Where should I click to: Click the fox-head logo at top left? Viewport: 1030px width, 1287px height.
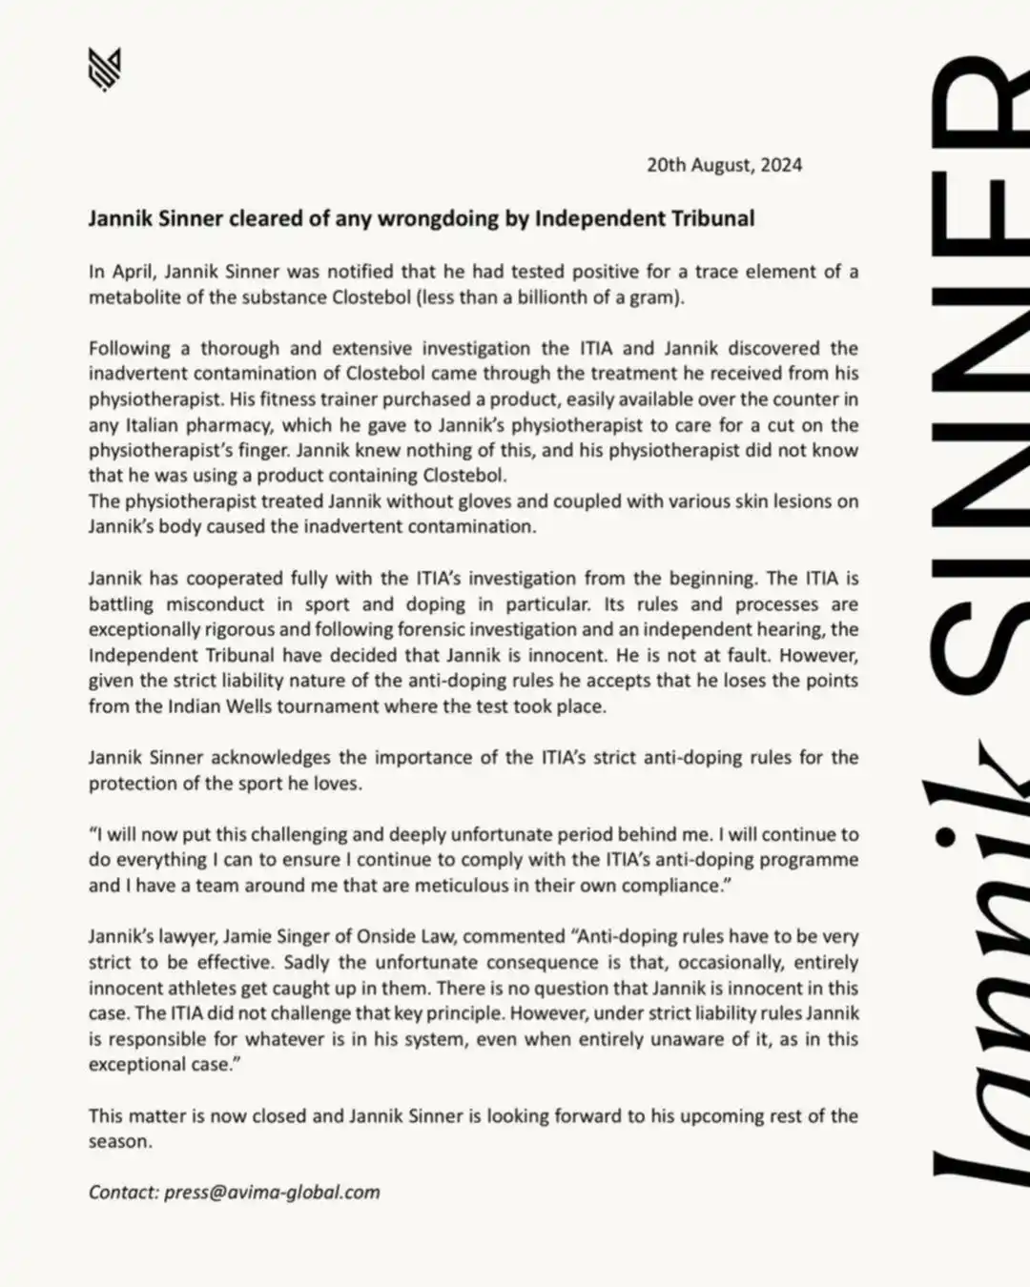(104, 70)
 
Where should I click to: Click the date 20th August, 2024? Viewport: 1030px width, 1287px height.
(724, 165)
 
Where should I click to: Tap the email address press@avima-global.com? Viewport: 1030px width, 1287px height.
(272, 1193)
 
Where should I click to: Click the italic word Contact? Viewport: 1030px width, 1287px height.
(123, 1193)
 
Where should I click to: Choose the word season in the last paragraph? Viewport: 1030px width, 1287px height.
(118, 1142)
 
